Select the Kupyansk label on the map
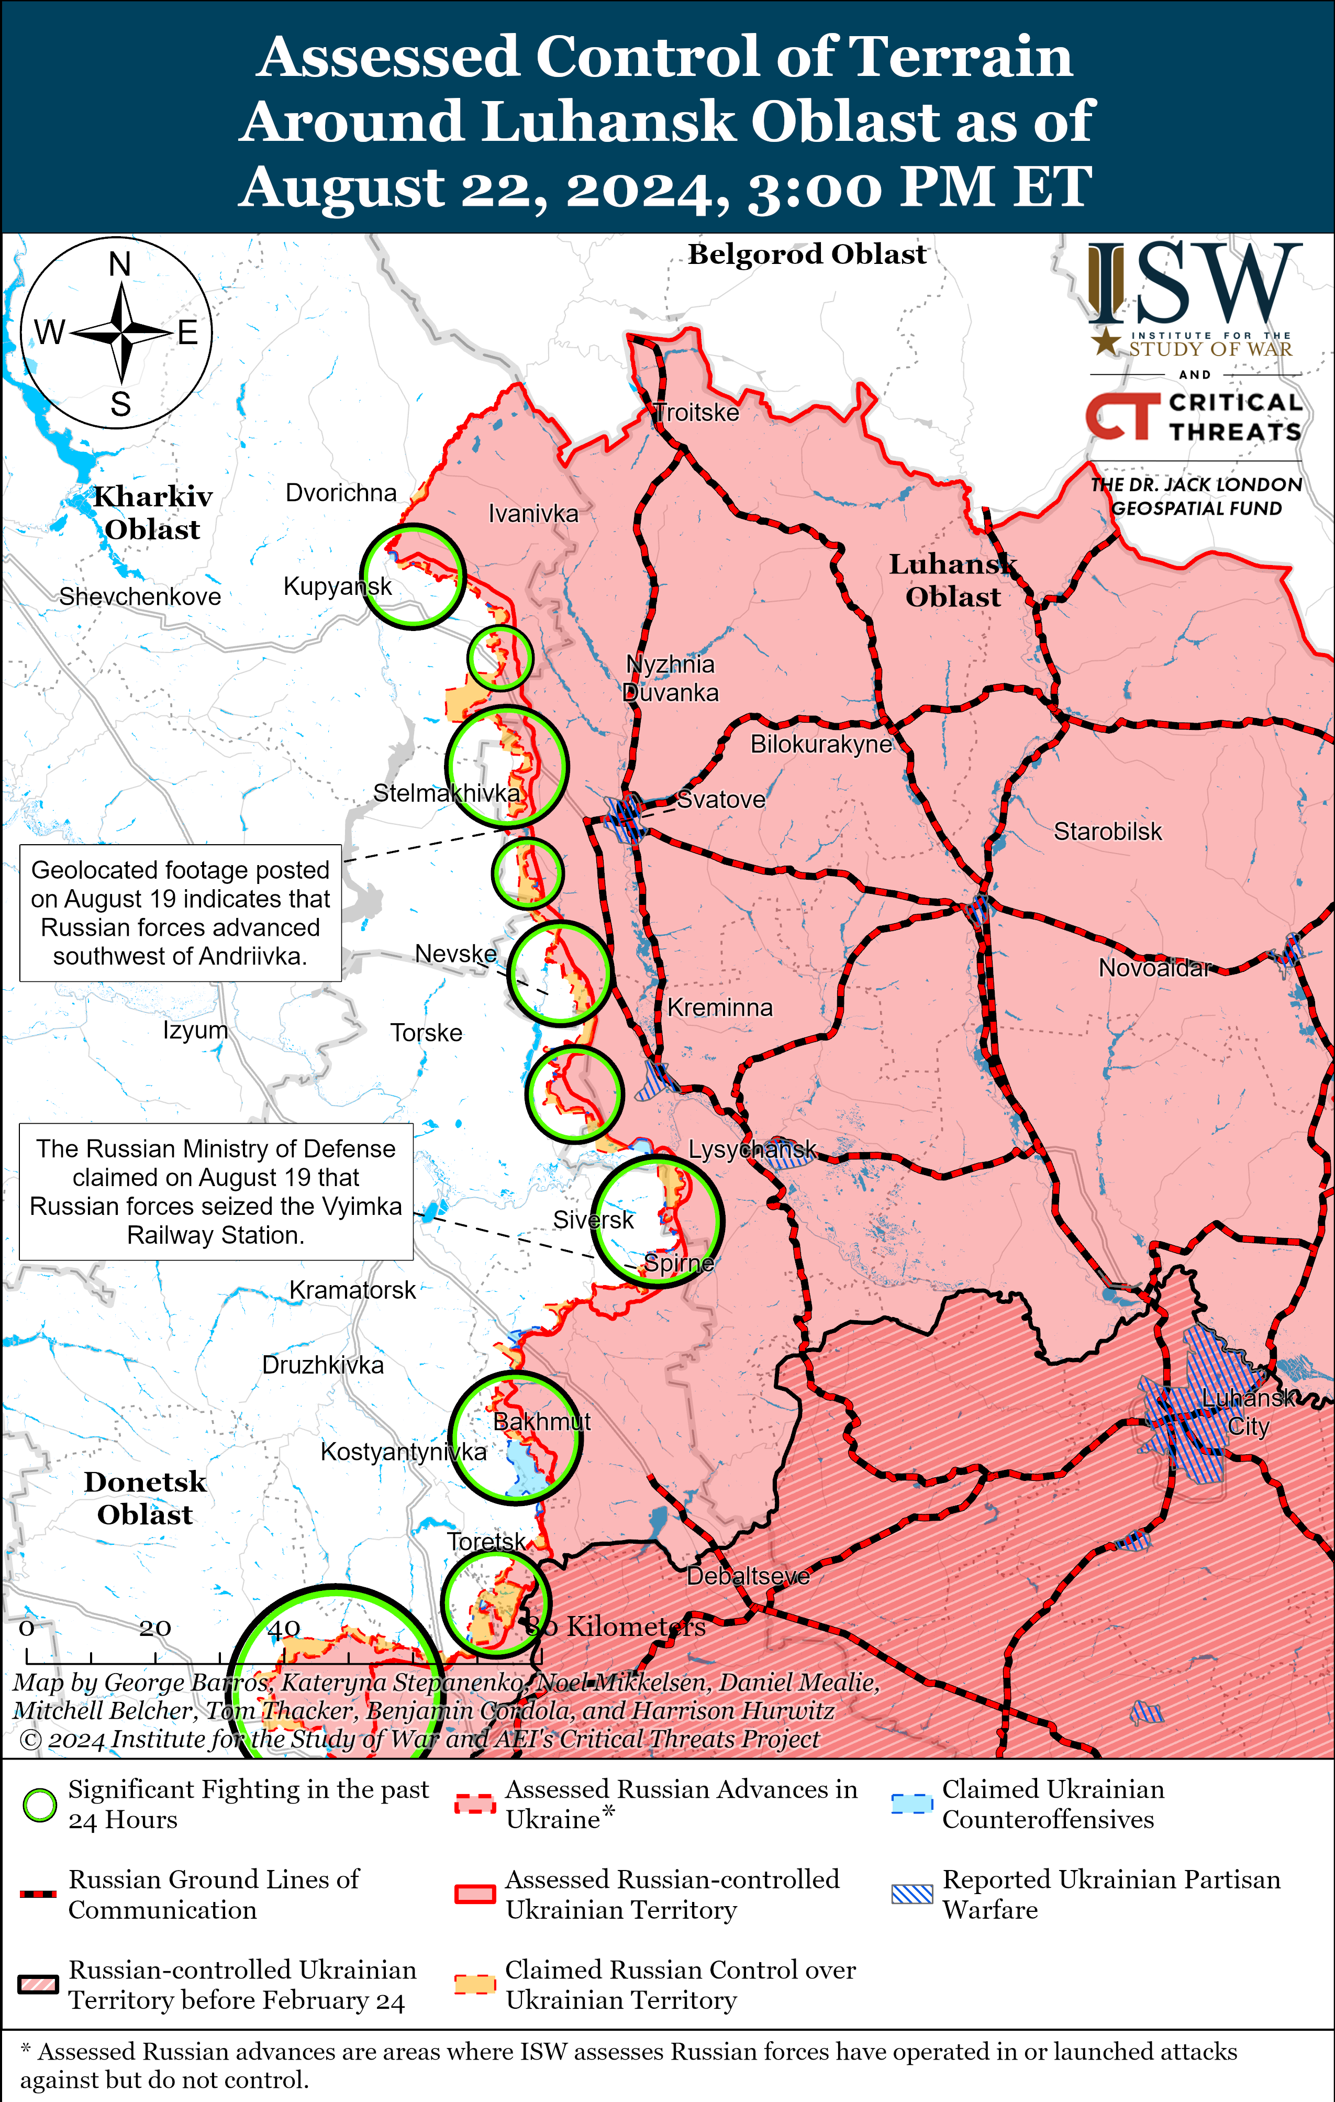pos(338,586)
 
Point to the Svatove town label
pos(721,800)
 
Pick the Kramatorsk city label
pos(352,1290)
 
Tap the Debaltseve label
pos(748,1576)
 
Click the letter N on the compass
pos(119,263)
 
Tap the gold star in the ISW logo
pos(1106,341)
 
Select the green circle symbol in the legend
pos(39,1805)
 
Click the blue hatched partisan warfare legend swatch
pos(912,1894)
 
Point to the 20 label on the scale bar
pos(154,1628)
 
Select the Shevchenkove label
pos(140,596)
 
